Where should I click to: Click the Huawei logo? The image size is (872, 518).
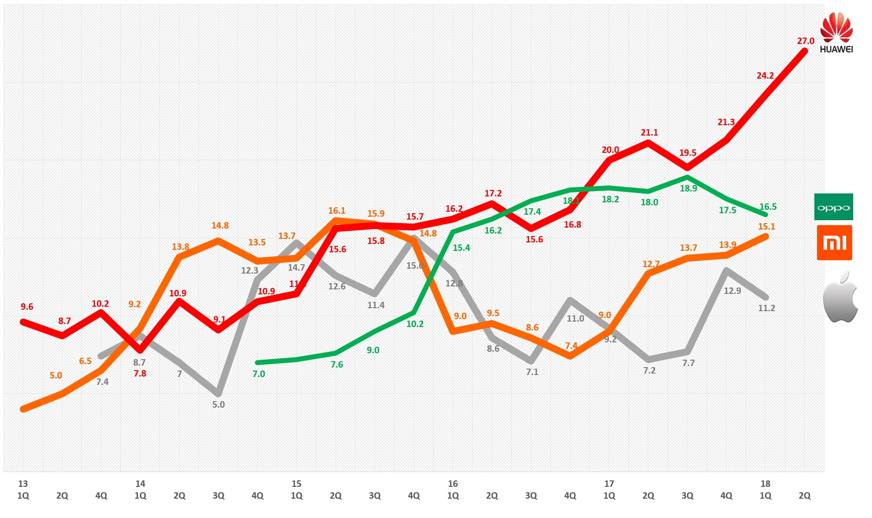pyautogui.click(x=836, y=32)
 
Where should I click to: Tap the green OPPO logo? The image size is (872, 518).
pyautogui.click(x=833, y=207)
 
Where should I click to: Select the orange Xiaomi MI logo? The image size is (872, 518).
pyautogui.click(x=834, y=242)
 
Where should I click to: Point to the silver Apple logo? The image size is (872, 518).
pyautogui.click(x=840, y=297)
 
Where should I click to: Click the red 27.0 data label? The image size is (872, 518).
pyautogui.click(x=805, y=41)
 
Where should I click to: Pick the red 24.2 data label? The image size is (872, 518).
pyautogui.click(x=765, y=76)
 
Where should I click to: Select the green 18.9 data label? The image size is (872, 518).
pyautogui.click(x=688, y=188)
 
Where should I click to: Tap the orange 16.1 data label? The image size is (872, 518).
pyautogui.click(x=337, y=211)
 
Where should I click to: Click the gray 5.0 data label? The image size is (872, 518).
pyautogui.click(x=218, y=405)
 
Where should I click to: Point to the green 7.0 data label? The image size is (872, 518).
pyautogui.click(x=258, y=374)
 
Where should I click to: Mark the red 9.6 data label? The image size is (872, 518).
pyautogui.click(x=27, y=307)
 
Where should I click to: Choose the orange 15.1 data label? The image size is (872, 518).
pyautogui.click(x=766, y=227)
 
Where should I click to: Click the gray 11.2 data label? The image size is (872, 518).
pyautogui.click(x=766, y=308)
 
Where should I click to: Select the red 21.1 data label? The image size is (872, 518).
pyautogui.click(x=649, y=133)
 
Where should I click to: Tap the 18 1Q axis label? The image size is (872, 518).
pyautogui.click(x=765, y=490)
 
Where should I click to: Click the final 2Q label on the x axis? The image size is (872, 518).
pyautogui.click(x=804, y=496)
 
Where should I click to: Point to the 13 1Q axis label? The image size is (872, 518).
pyautogui.click(x=23, y=490)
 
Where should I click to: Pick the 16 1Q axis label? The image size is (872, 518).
pyautogui.click(x=452, y=490)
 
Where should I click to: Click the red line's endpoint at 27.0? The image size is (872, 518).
pyautogui.click(x=804, y=51)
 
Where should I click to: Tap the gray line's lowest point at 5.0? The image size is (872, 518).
pyautogui.click(x=218, y=393)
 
